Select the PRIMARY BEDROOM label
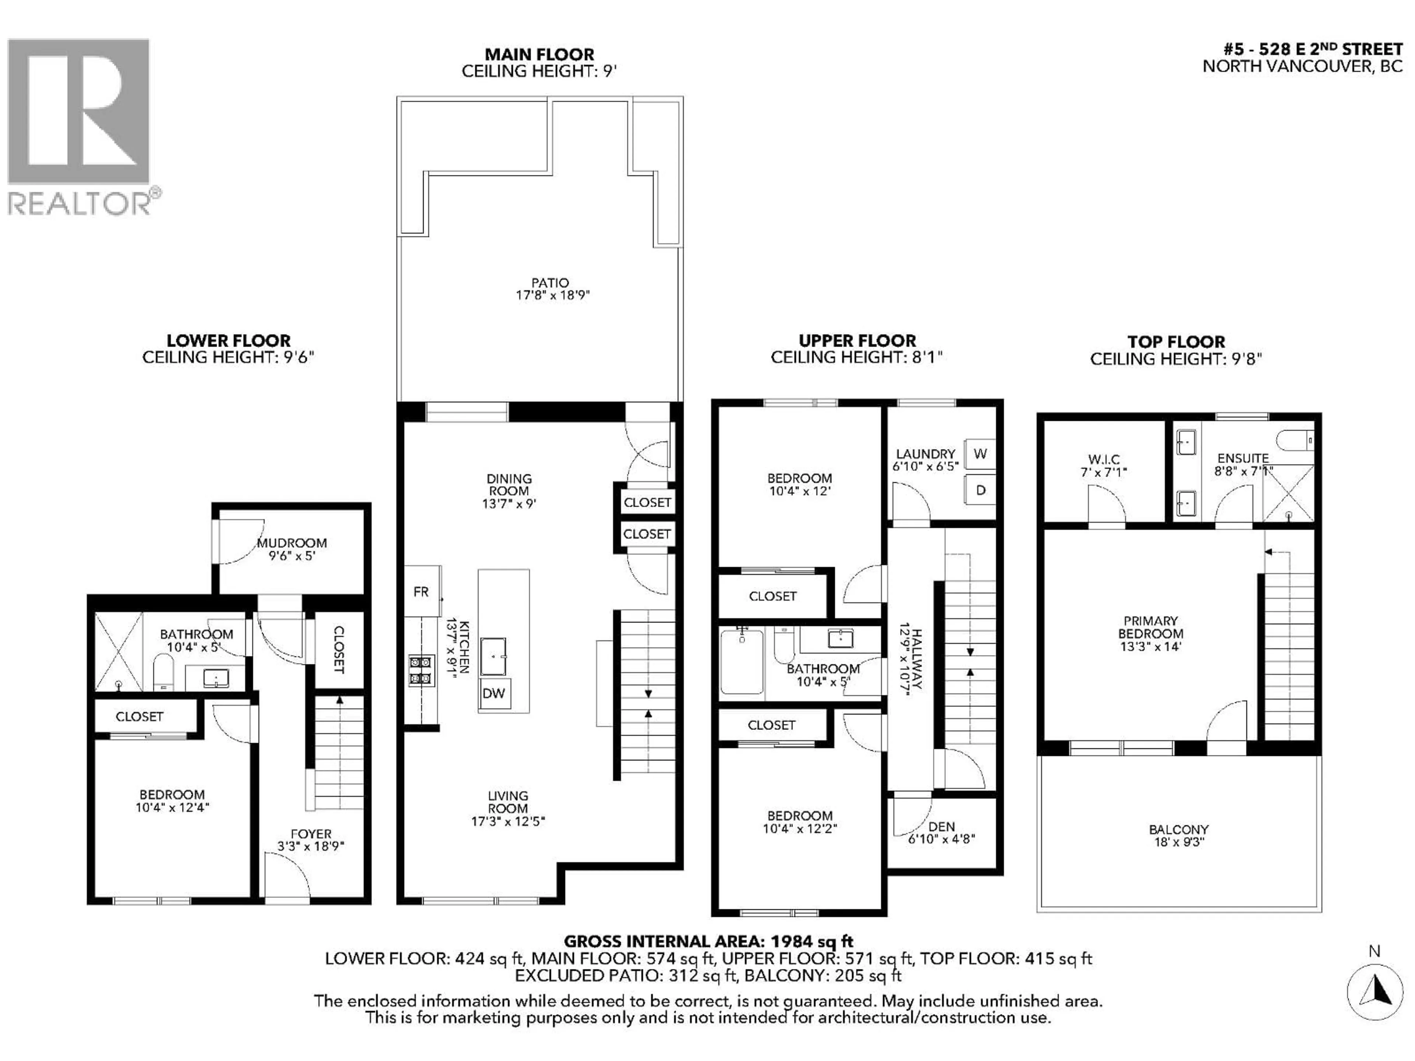tap(1150, 627)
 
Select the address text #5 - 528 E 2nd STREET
tap(1313, 50)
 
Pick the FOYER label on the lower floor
tap(311, 834)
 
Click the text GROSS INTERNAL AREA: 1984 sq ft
tap(708, 941)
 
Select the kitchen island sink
tap(493, 656)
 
